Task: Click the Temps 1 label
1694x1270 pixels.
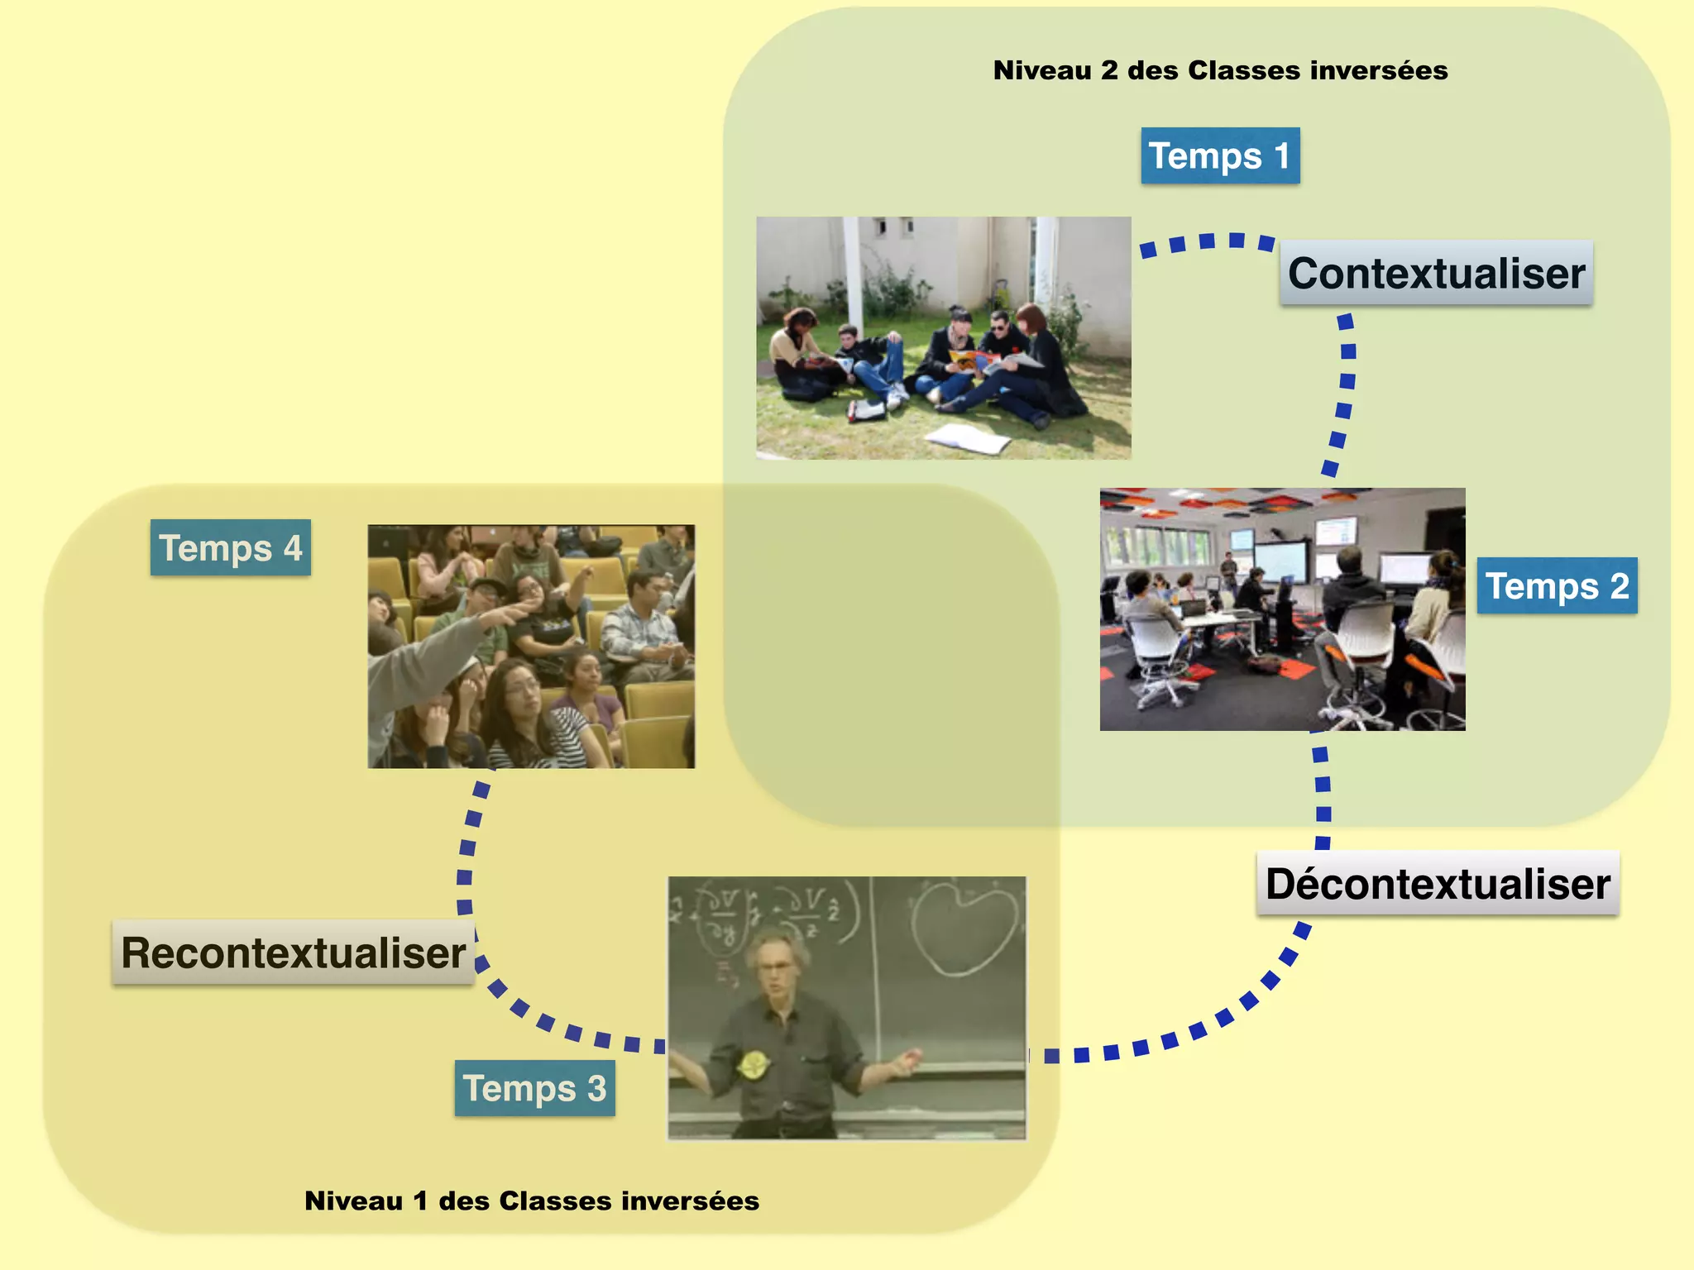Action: click(x=1220, y=155)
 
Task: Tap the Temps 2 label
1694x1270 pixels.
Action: click(x=1557, y=586)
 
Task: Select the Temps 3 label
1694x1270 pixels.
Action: click(x=534, y=1088)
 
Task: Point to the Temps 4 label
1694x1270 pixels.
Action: click(x=230, y=547)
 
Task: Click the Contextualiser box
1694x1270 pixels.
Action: click(x=1436, y=273)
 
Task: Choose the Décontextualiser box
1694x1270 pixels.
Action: click(x=1438, y=883)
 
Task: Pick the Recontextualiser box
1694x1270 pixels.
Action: click(x=293, y=952)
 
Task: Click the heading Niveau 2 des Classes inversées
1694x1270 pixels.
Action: click(x=1220, y=70)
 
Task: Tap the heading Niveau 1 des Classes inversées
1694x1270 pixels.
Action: click(x=532, y=1201)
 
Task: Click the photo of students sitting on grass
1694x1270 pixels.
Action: click(x=943, y=337)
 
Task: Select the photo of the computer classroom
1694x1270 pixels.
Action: click(x=1282, y=609)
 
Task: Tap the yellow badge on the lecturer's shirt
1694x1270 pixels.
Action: click(x=752, y=1064)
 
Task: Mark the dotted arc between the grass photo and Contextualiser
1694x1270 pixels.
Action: click(x=1208, y=241)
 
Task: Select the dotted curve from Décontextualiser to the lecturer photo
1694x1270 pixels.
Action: click(x=1199, y=1029)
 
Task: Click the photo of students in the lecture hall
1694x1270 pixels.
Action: click(x=531, y=646)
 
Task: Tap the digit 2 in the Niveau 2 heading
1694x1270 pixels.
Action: click(x=1109, y=70)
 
